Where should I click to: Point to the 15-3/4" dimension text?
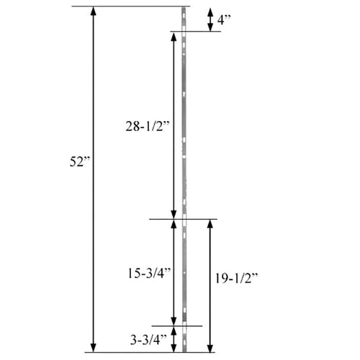tap(145, 273)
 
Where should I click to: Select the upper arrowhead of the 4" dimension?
tap(210, 11)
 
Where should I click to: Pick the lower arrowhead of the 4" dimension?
tap(210, 27)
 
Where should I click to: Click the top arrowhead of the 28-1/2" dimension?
tap(173, 36)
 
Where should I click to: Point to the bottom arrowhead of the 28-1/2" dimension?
tap(173, 214)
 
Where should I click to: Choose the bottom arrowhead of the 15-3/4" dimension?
tap(173, 322)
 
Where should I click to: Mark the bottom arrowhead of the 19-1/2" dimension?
tap(209, 348)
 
